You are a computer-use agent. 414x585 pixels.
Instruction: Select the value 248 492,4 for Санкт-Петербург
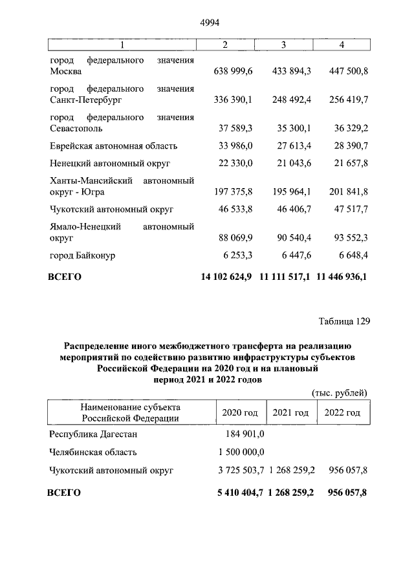(287, 101)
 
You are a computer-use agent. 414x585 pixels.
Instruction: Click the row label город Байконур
(82, 255)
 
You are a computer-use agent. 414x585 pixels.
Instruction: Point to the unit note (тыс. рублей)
(340, 392)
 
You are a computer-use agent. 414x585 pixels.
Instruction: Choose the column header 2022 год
(342, 412)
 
